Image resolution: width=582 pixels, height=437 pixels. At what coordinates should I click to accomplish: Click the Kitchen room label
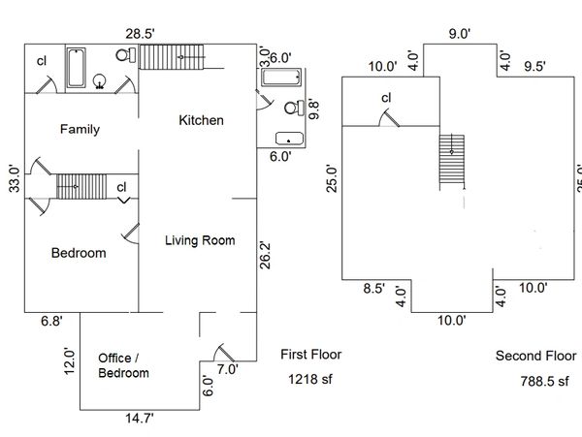pos(202,121)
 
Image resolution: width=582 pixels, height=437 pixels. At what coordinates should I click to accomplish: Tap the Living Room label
pos(199,240)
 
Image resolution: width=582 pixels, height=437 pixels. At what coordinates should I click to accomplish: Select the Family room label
pos(80,129)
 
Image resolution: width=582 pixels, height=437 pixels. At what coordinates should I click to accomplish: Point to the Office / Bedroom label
pos(124,365)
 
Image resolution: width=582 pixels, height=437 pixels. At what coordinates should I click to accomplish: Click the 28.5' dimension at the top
pos(142,33)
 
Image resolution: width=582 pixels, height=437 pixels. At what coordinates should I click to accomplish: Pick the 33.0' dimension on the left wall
pos(14,178)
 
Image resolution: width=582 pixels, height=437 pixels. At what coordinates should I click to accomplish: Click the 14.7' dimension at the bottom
pos(139,421)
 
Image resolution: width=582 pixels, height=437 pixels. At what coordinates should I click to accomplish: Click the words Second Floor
pos(535,356)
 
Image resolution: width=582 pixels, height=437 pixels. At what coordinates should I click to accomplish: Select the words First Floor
pos(310,355)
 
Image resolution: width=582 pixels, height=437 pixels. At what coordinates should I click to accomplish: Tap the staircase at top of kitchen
pos(173,58)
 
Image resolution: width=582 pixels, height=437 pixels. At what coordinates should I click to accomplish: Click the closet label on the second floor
pos(386,97)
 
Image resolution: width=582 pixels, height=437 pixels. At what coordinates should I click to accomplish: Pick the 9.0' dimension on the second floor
pos(459,34)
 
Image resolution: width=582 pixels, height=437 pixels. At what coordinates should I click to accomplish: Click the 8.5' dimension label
pos(374,287)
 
